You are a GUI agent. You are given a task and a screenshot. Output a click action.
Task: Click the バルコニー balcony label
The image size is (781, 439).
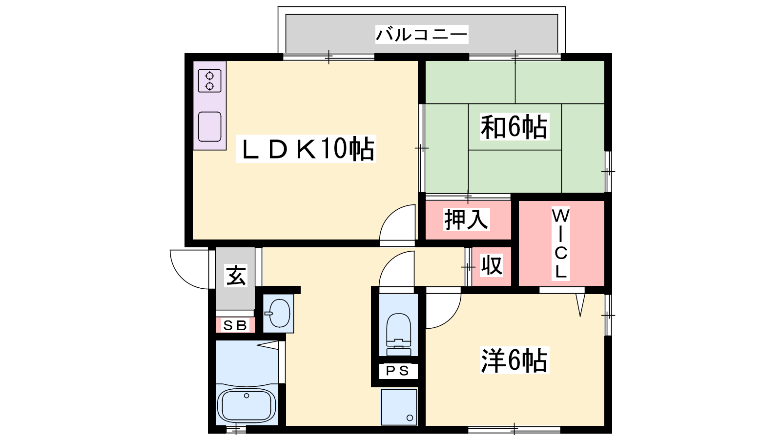tap(422, 35)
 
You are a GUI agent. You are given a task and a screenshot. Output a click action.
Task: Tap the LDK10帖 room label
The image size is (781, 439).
tap(306, 149)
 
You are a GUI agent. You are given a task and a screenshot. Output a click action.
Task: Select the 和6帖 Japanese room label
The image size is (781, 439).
tap(514, 127)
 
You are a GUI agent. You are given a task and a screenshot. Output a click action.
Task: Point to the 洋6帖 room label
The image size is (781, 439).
tap(514, 360)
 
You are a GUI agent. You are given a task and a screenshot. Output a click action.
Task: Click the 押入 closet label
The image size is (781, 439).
tap(467, 219)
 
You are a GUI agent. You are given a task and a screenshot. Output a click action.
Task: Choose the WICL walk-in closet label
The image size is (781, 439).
tap(561, 243)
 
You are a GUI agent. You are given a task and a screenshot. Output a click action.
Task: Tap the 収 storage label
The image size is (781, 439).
tap(492, 265)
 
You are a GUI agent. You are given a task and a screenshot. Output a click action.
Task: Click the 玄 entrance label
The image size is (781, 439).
tap(236, 276)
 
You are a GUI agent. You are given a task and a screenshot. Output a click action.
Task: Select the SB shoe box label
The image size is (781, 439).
tap(235, 325)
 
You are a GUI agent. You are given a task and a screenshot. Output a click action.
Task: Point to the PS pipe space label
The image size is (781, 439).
tap(398, 371)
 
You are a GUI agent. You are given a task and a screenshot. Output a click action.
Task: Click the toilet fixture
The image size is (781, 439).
tap(398, 334)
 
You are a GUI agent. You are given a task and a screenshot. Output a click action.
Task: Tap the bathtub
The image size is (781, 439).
tap(247, 405)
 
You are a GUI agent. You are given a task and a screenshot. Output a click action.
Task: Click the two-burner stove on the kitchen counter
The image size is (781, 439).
tap(209, 81)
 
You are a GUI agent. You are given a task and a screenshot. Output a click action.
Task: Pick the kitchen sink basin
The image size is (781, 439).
tap(209, 126)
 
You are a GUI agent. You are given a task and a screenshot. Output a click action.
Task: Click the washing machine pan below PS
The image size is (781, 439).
tap(399, 407)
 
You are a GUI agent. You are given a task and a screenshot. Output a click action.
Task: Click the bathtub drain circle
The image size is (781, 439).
tap(247, 396)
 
